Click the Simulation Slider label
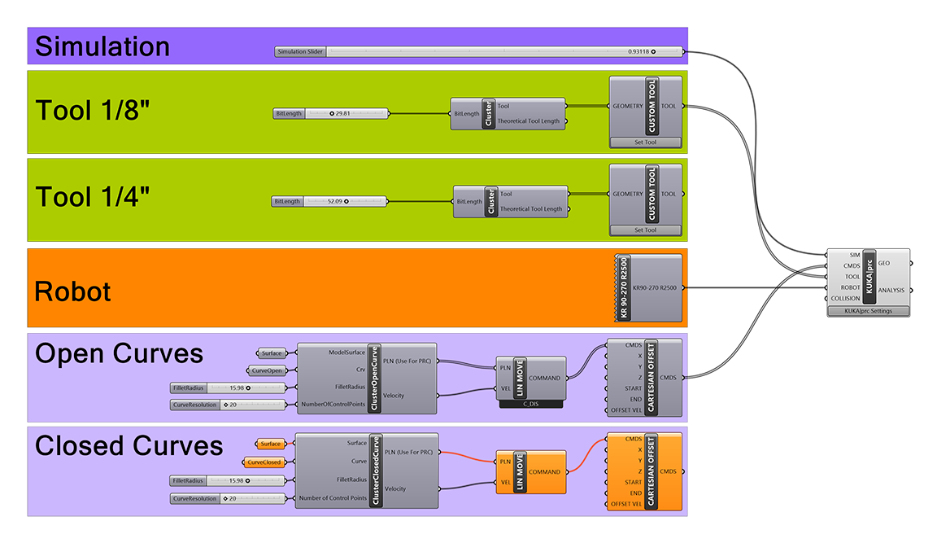point(300,52)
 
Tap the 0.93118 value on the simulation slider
point(638,52)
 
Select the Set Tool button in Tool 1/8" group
point(645,142)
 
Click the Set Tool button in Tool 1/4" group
point(645,230)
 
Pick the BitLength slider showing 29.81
point(330,114)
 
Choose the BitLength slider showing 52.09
point(329,202)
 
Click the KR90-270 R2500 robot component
point(648,287)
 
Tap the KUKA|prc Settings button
point(869,311)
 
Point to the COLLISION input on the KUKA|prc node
point(845,299)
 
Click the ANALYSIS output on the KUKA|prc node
point(891,290)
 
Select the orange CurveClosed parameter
point(264,462)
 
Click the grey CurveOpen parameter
point(267,370)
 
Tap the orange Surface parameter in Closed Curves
point(271,444)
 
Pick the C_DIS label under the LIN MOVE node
point(530,405)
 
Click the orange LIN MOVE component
point(530,472)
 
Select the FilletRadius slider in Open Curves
point(228,388)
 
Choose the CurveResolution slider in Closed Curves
point(228,498)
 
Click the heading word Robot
point(72,291)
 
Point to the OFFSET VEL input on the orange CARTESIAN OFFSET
point(625,504)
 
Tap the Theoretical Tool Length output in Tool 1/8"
point(528,120)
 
